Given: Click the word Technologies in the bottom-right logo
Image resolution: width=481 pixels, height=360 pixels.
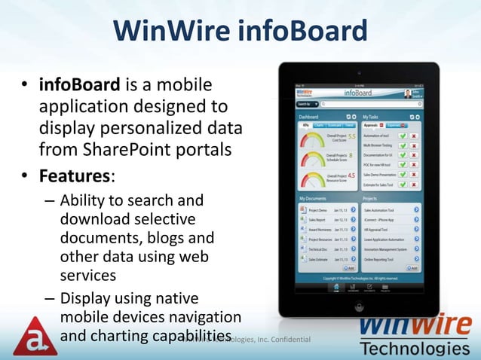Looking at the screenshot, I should pos(415,349).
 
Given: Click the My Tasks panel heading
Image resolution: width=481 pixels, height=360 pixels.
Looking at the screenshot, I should pos(372,117).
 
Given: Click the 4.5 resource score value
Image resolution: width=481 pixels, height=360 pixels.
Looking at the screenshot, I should pos(351,175).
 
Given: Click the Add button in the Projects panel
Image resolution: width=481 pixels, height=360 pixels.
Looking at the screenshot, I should pos(413,267).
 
